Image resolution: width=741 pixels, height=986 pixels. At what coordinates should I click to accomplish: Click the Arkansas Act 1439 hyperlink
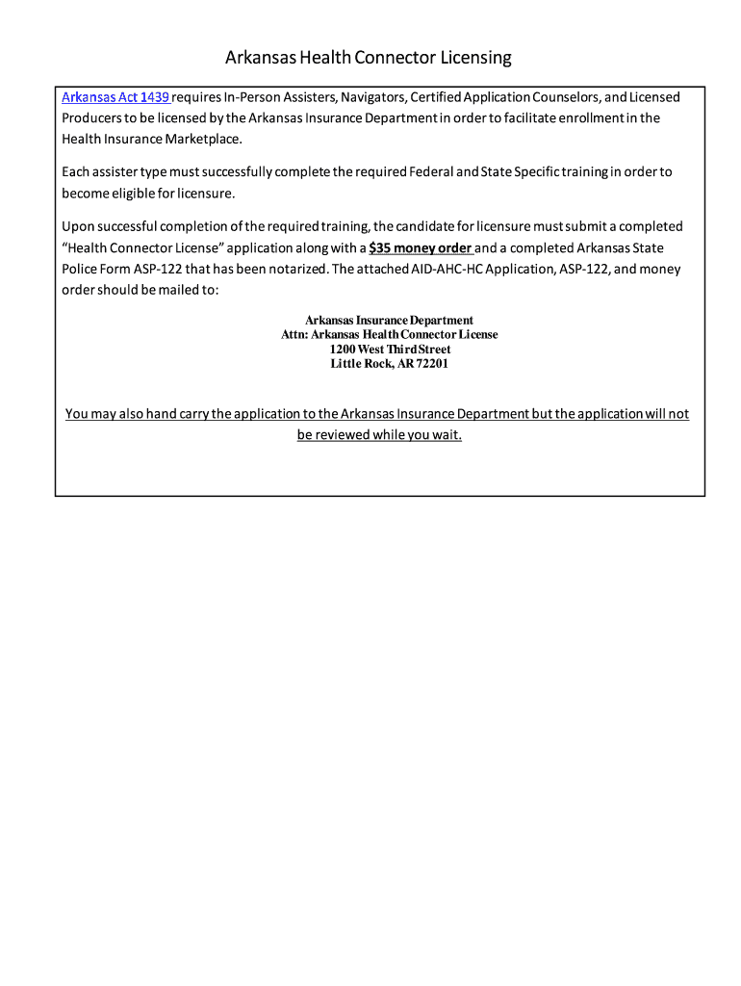(x=115, y=97)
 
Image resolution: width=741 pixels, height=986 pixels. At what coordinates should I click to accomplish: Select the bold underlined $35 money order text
(x=421, y=247)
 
